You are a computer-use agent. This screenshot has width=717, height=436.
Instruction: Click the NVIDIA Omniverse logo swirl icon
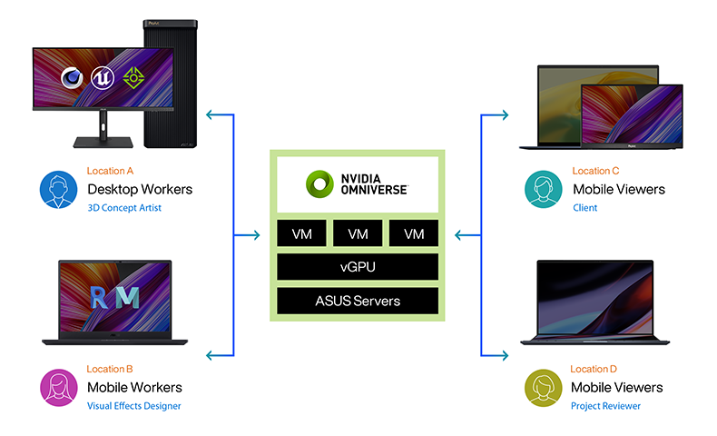pyautogui.click(x=320, y=184)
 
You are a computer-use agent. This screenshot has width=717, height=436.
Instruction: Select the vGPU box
pyautogui.click(x=358, y=267)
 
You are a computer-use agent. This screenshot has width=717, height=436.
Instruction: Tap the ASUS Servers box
pyautogui.click(x=358, y=301)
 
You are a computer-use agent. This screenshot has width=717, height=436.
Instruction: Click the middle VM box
pyautogui.click(x=358, y=234)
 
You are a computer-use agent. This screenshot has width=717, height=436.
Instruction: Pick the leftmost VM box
pyautogui.click(x=301, y=234)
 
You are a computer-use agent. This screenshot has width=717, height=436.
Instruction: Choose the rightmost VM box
pyautogui.click(x=414, y=234)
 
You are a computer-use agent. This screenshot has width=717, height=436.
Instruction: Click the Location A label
pyautogui.click(x=110, y=171)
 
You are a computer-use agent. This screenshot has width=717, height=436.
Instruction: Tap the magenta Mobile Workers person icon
pyautogui.click(x=58, y=387)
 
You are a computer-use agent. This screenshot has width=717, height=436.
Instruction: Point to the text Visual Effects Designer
pyautogui.click(x=134, y=406)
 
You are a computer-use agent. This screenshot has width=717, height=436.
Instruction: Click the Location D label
pyautogui.click(x=595, y=369)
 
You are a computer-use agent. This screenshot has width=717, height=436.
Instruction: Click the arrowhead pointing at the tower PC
pyautogui.click(x=211, y=115)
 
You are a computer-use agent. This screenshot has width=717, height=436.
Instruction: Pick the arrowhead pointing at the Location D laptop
pyautogui.click(x=504, y=354)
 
